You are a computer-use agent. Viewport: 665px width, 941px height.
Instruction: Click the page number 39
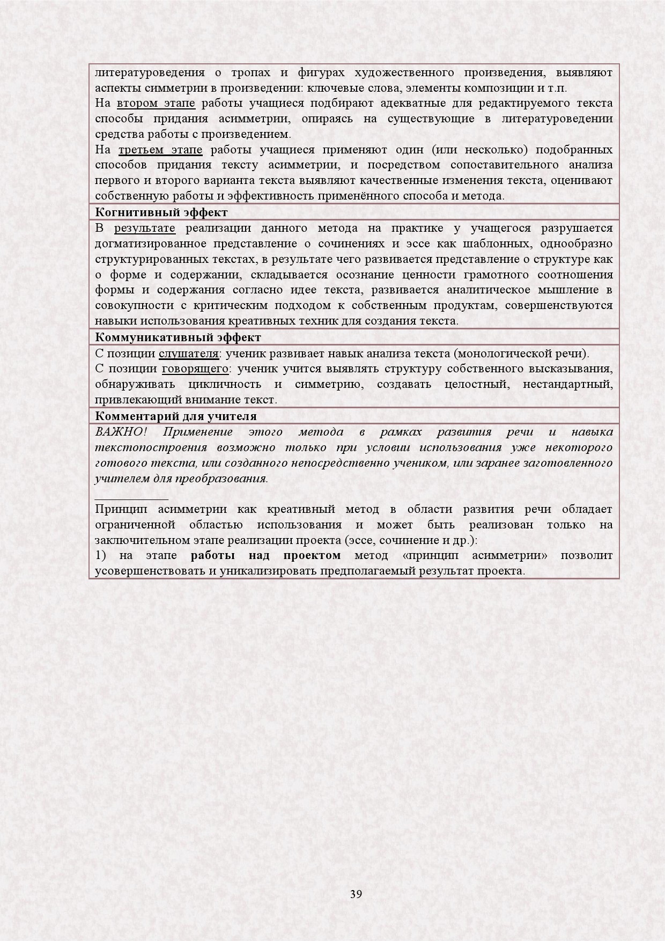[356, 894]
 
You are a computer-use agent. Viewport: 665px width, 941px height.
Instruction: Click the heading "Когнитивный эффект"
[161, 212]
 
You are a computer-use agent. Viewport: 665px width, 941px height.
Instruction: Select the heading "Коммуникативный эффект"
[178, 337]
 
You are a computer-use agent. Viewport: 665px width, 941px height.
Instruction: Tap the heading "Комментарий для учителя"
[175, 416]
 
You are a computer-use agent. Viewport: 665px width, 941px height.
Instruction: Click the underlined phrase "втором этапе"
[156, 103]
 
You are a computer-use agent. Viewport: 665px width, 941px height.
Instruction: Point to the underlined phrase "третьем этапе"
[160, 149]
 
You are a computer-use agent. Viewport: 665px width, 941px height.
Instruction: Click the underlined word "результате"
[145, 228]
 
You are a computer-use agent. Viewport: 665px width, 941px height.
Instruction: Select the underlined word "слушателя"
[188, 354]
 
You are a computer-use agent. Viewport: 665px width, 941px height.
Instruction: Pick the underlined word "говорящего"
[195, 369]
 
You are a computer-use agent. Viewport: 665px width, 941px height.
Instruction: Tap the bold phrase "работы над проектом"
[265, 555]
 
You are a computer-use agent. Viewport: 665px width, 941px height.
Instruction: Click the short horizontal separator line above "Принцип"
[131, 498]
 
